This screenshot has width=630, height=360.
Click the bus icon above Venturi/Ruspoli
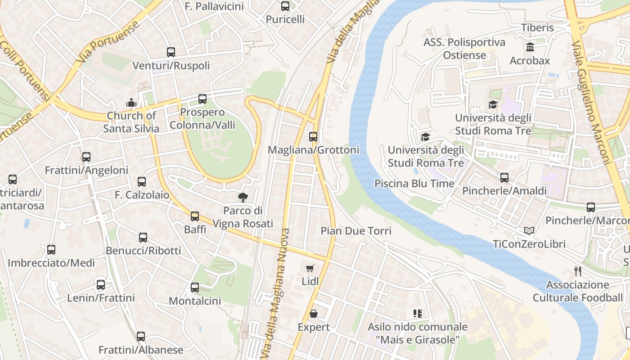(171, 52)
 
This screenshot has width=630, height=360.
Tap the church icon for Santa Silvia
(131, 103)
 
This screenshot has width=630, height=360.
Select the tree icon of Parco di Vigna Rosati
(243, 197)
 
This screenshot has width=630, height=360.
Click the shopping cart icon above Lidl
(310, 269)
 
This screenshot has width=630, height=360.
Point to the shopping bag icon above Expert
(314, 314)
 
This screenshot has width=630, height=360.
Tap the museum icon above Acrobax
(530, 47)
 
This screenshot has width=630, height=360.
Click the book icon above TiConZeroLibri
(529, 231)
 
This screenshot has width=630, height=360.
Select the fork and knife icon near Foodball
(578, 271)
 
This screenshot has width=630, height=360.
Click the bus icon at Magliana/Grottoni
(313, 136)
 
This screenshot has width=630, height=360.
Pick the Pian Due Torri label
(356, 231)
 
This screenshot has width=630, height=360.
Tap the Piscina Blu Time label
(414, 184)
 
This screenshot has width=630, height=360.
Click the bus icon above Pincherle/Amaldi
(504, 178)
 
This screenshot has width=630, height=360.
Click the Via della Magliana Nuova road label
(279, 292)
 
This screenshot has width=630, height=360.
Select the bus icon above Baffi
(195, 216)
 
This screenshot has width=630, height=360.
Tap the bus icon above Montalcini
(195, 288)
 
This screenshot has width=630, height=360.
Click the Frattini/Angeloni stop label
(86, 171)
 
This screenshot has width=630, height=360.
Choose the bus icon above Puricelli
(285, 6)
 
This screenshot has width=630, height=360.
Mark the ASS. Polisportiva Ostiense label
(464, 49)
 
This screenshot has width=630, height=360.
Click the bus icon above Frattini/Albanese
(141, 337)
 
